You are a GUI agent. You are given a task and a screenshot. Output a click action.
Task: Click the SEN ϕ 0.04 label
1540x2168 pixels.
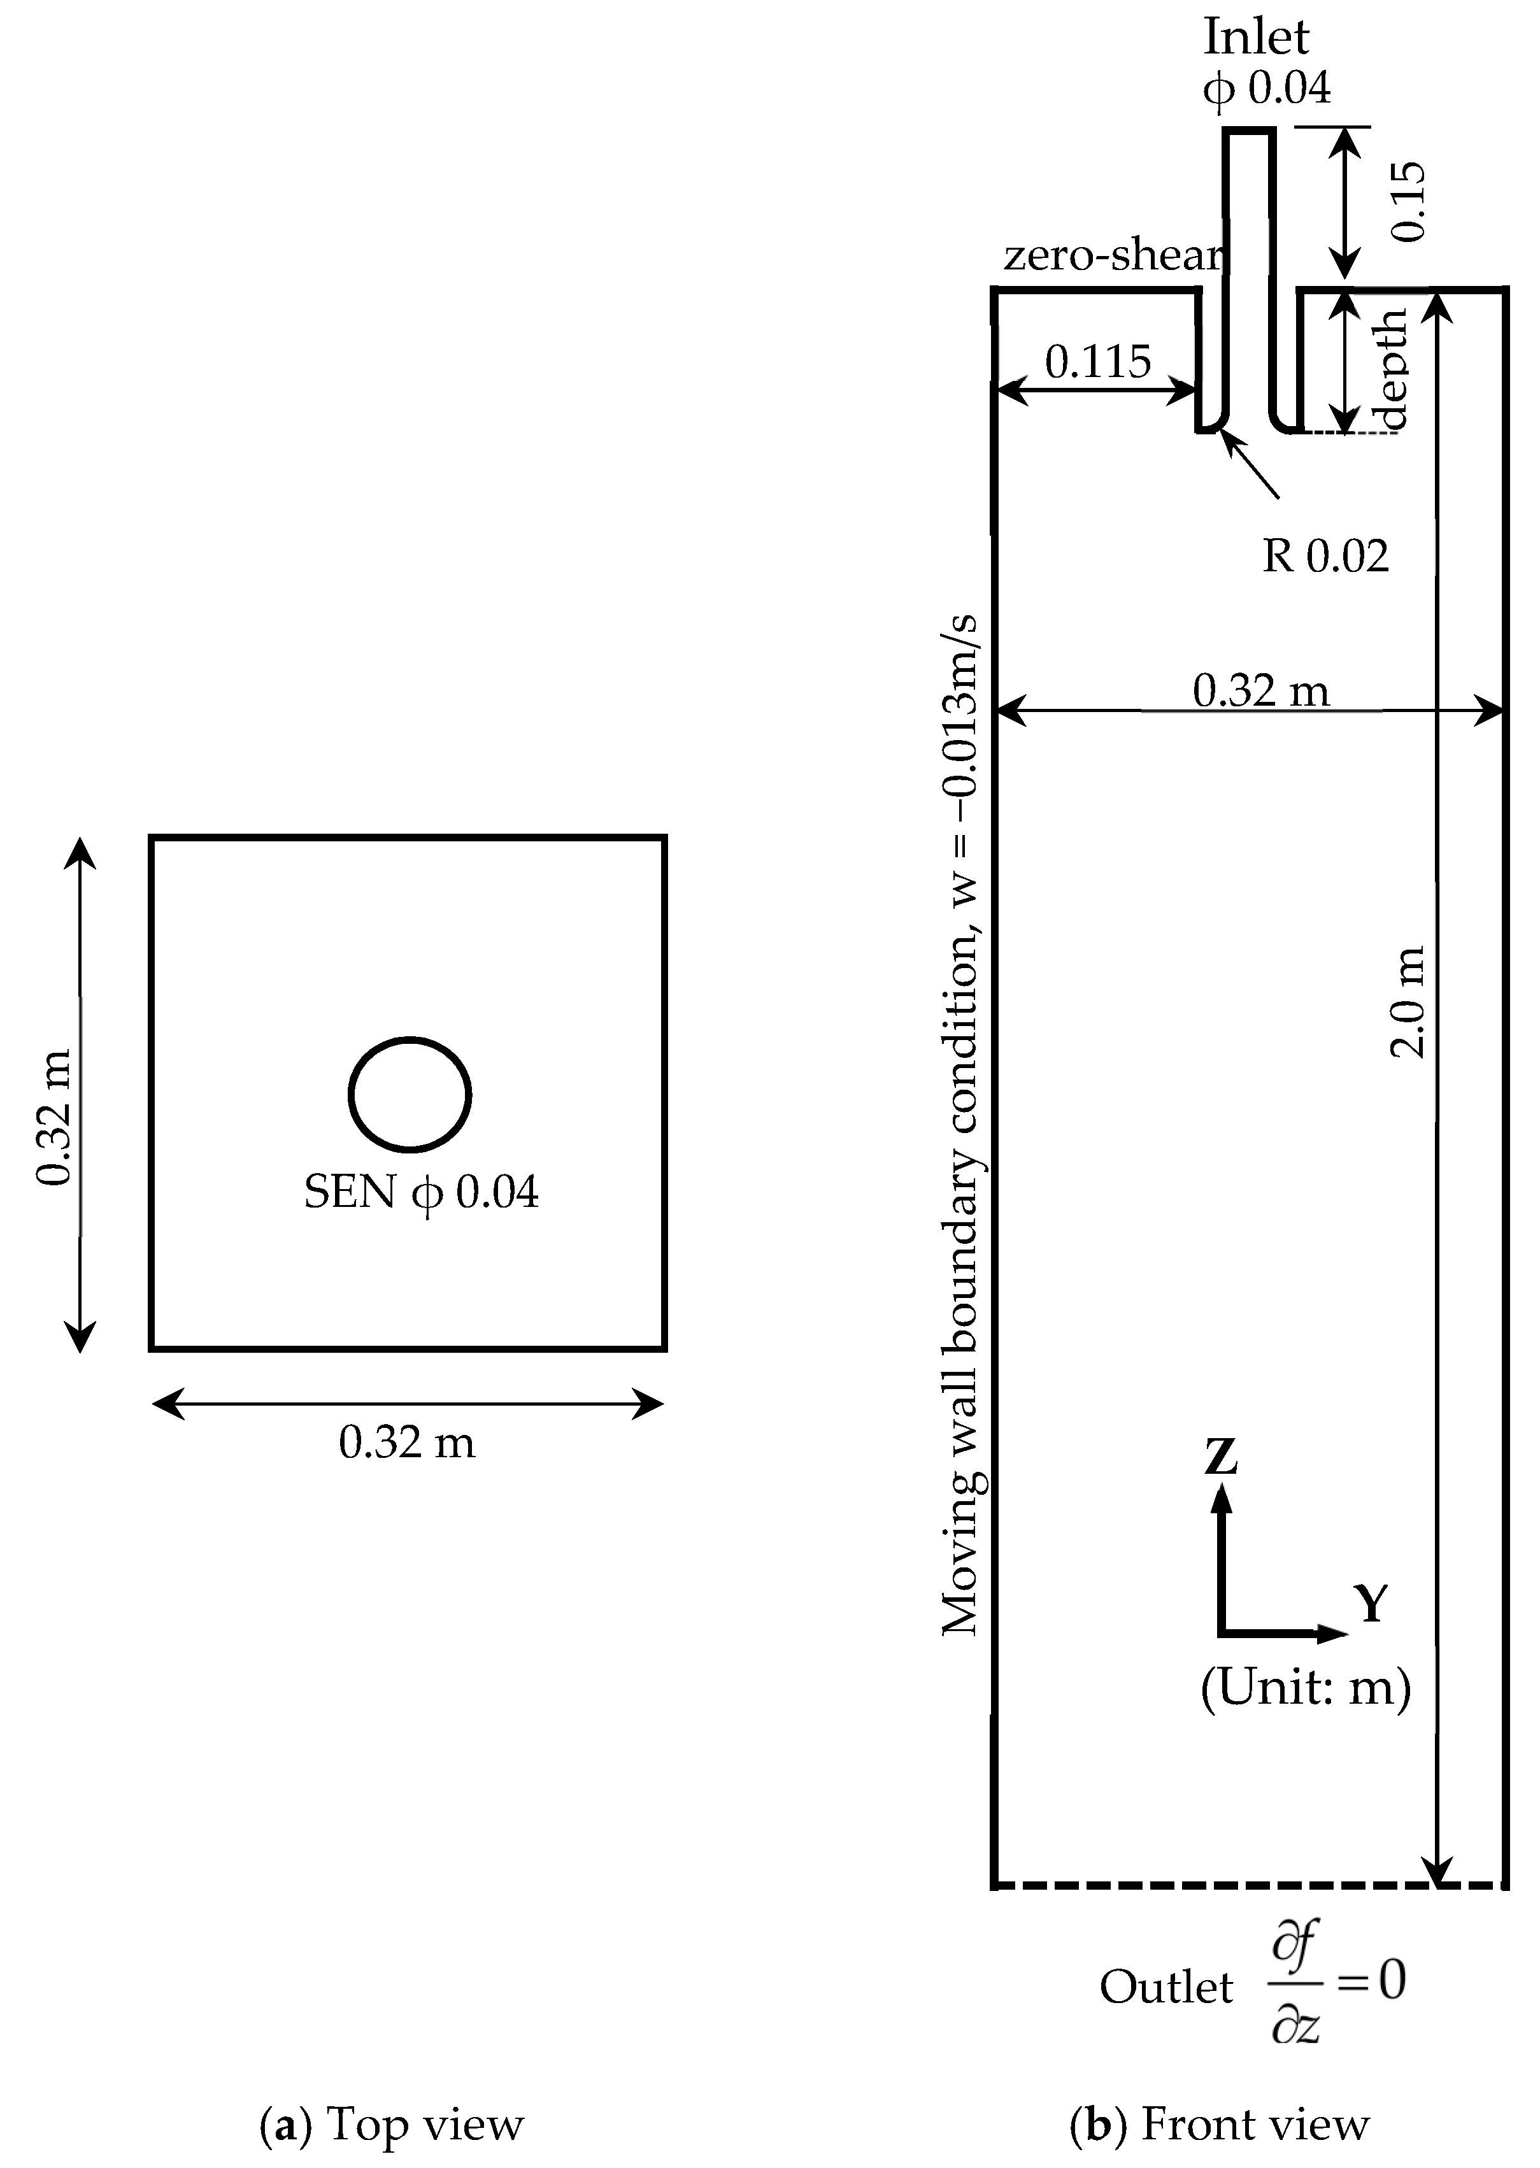(421, 1192)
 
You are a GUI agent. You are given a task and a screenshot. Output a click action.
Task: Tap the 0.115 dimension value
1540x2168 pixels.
(1097, 361)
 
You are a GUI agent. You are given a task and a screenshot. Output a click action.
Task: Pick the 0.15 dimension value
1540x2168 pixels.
(1409, 201)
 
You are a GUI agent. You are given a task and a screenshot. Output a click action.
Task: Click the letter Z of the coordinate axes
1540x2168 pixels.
(1222, 1456)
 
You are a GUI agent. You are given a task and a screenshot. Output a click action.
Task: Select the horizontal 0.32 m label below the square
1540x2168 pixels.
(407, 1443)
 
